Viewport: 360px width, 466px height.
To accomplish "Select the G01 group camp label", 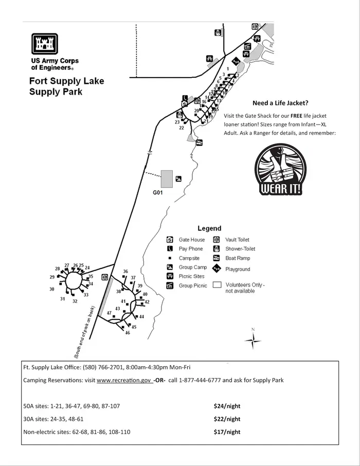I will [157, 193].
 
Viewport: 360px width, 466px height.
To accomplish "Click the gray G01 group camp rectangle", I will [167, 178].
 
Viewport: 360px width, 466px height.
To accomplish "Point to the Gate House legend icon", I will [170, 240].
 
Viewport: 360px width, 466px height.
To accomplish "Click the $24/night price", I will [227, 406].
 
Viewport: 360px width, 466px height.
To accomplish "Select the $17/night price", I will [227, 432].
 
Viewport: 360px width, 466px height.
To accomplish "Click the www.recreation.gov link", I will [124, 380].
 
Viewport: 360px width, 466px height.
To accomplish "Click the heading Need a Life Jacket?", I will [280, 103].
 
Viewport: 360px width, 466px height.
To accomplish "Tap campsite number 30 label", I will [52, 289].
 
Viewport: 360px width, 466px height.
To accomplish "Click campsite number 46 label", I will [128, 333].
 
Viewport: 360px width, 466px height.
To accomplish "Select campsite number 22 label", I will [182, 128].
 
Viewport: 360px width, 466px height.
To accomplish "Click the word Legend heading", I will [209, 228].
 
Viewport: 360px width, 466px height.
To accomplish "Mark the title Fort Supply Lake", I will [66, 81].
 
